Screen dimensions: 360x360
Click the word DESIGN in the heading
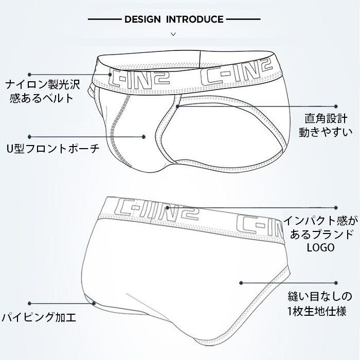click(x=142, y=20)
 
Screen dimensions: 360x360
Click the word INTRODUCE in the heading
click(x=194, y=20)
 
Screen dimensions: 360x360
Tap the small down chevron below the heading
click(x=173, y=34)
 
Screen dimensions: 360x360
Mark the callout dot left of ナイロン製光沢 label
click(x=30, y=75)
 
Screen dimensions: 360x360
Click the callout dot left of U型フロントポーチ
click(x=30, y=137)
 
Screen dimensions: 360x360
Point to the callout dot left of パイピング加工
click(x=30, y=303)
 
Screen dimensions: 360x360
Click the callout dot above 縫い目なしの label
click(x=337, y=282)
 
